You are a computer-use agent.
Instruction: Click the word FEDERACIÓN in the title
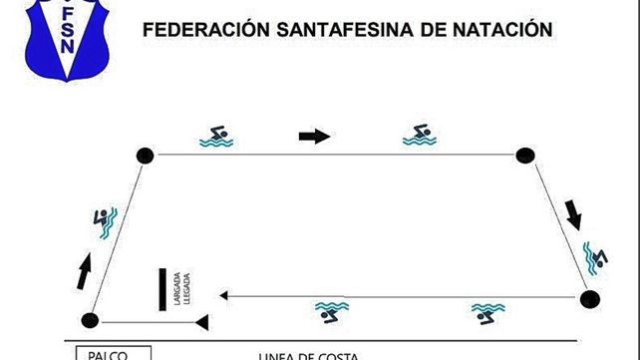click(x=205, y=30)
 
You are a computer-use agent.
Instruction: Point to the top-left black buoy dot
click(x=146, y=155)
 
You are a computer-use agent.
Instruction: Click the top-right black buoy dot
click(x=525, y=155)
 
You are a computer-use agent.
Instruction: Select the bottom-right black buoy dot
click(x=591, y=298)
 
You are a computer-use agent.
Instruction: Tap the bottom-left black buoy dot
click(x=90, y=321)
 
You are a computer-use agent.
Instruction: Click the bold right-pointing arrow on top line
click(x=314, y=136)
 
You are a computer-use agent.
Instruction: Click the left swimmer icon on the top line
click(x=216, y=137)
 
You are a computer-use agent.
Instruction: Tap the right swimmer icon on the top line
click(x=420, y=135)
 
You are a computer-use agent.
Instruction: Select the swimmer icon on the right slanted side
click(x=595, y=257)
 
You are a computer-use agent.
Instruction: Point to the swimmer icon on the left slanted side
click(x=105, y=223)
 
